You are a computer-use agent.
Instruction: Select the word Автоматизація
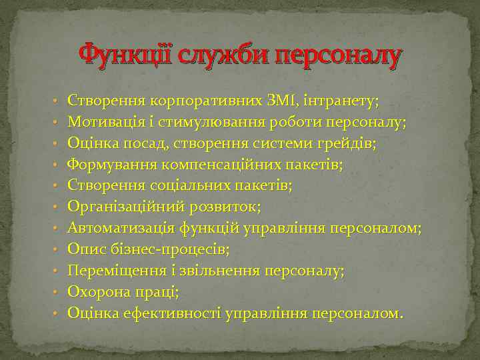pos(121,228)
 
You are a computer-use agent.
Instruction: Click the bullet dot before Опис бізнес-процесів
pos(57,250)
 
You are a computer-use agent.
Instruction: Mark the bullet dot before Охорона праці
pos(57,293)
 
